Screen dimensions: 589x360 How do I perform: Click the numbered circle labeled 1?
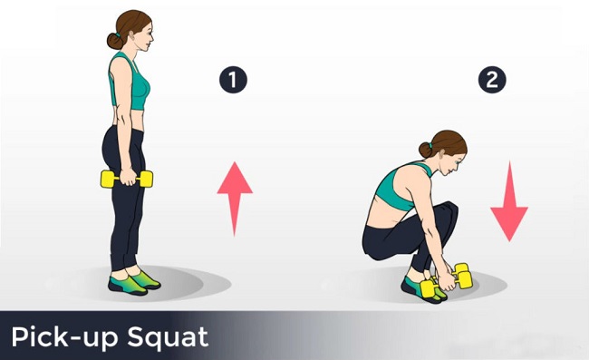click(x=233, y=80)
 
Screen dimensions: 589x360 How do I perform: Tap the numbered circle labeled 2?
click(x=492, y=80)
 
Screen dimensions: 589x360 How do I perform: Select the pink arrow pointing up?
click(x=235, y=199)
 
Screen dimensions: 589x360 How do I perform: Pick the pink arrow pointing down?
click(x=509, y=202)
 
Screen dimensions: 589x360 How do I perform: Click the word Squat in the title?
click(x=168, y=337)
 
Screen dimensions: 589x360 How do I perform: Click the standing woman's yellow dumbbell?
click(x=127, y=179)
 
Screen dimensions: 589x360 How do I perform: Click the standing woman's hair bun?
click(x=114, y=41)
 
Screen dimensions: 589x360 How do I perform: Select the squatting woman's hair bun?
click(x=425, y=150)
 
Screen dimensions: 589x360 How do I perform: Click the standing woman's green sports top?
click(x=130, y=82)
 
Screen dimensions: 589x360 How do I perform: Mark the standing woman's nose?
click(x=151, y=37)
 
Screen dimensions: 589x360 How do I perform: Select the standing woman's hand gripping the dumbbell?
click(x=128, y=177)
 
